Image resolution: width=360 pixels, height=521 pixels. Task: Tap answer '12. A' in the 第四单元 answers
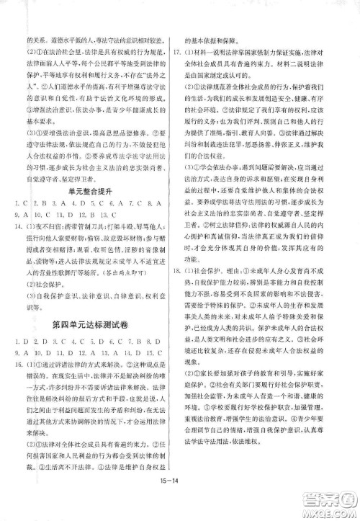coord(86,364)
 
